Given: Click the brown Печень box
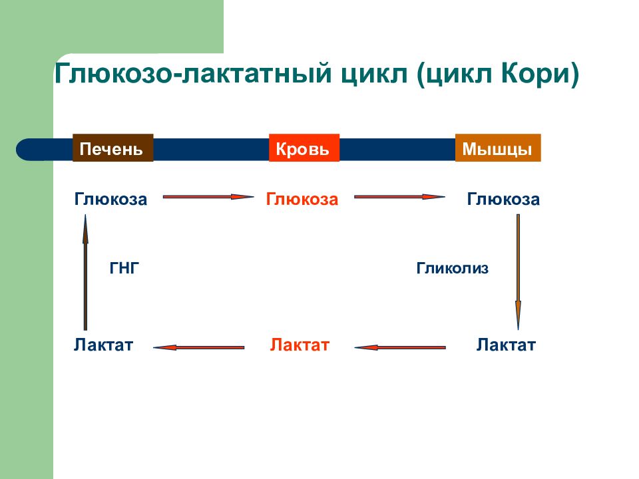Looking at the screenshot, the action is click(113, 148).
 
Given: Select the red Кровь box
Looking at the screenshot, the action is click(304, 148).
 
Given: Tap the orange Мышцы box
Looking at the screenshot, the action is click(498, 148).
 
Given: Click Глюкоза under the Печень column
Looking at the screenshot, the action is click(110, 199).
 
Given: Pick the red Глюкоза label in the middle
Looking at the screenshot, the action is click(302, 199).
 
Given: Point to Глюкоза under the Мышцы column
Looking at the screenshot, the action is click(503, 199).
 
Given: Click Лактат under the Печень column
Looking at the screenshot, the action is click(104, 345).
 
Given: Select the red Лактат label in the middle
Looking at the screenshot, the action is click(300, 345).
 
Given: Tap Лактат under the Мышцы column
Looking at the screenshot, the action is click(506, 345).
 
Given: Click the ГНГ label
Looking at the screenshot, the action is click(124, 268).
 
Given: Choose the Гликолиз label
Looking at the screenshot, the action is click(453, 268).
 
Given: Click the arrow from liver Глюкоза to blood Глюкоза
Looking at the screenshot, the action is click(208, 197).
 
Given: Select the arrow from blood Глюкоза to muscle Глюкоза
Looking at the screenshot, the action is click(399, 197).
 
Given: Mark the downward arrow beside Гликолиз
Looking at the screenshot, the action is click(518, 271).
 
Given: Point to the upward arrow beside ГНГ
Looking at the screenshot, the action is click(85, 272).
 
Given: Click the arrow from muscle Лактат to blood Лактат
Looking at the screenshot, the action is click(400, 347).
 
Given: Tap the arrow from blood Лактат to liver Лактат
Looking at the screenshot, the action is click(199, 347).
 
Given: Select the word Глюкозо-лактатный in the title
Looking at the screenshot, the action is click(194, 73).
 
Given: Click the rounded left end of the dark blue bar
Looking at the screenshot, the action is click(25, 150).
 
